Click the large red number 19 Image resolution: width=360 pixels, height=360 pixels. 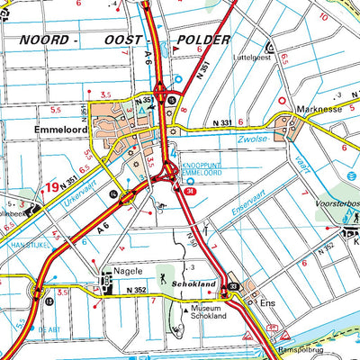tap(54, 187)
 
